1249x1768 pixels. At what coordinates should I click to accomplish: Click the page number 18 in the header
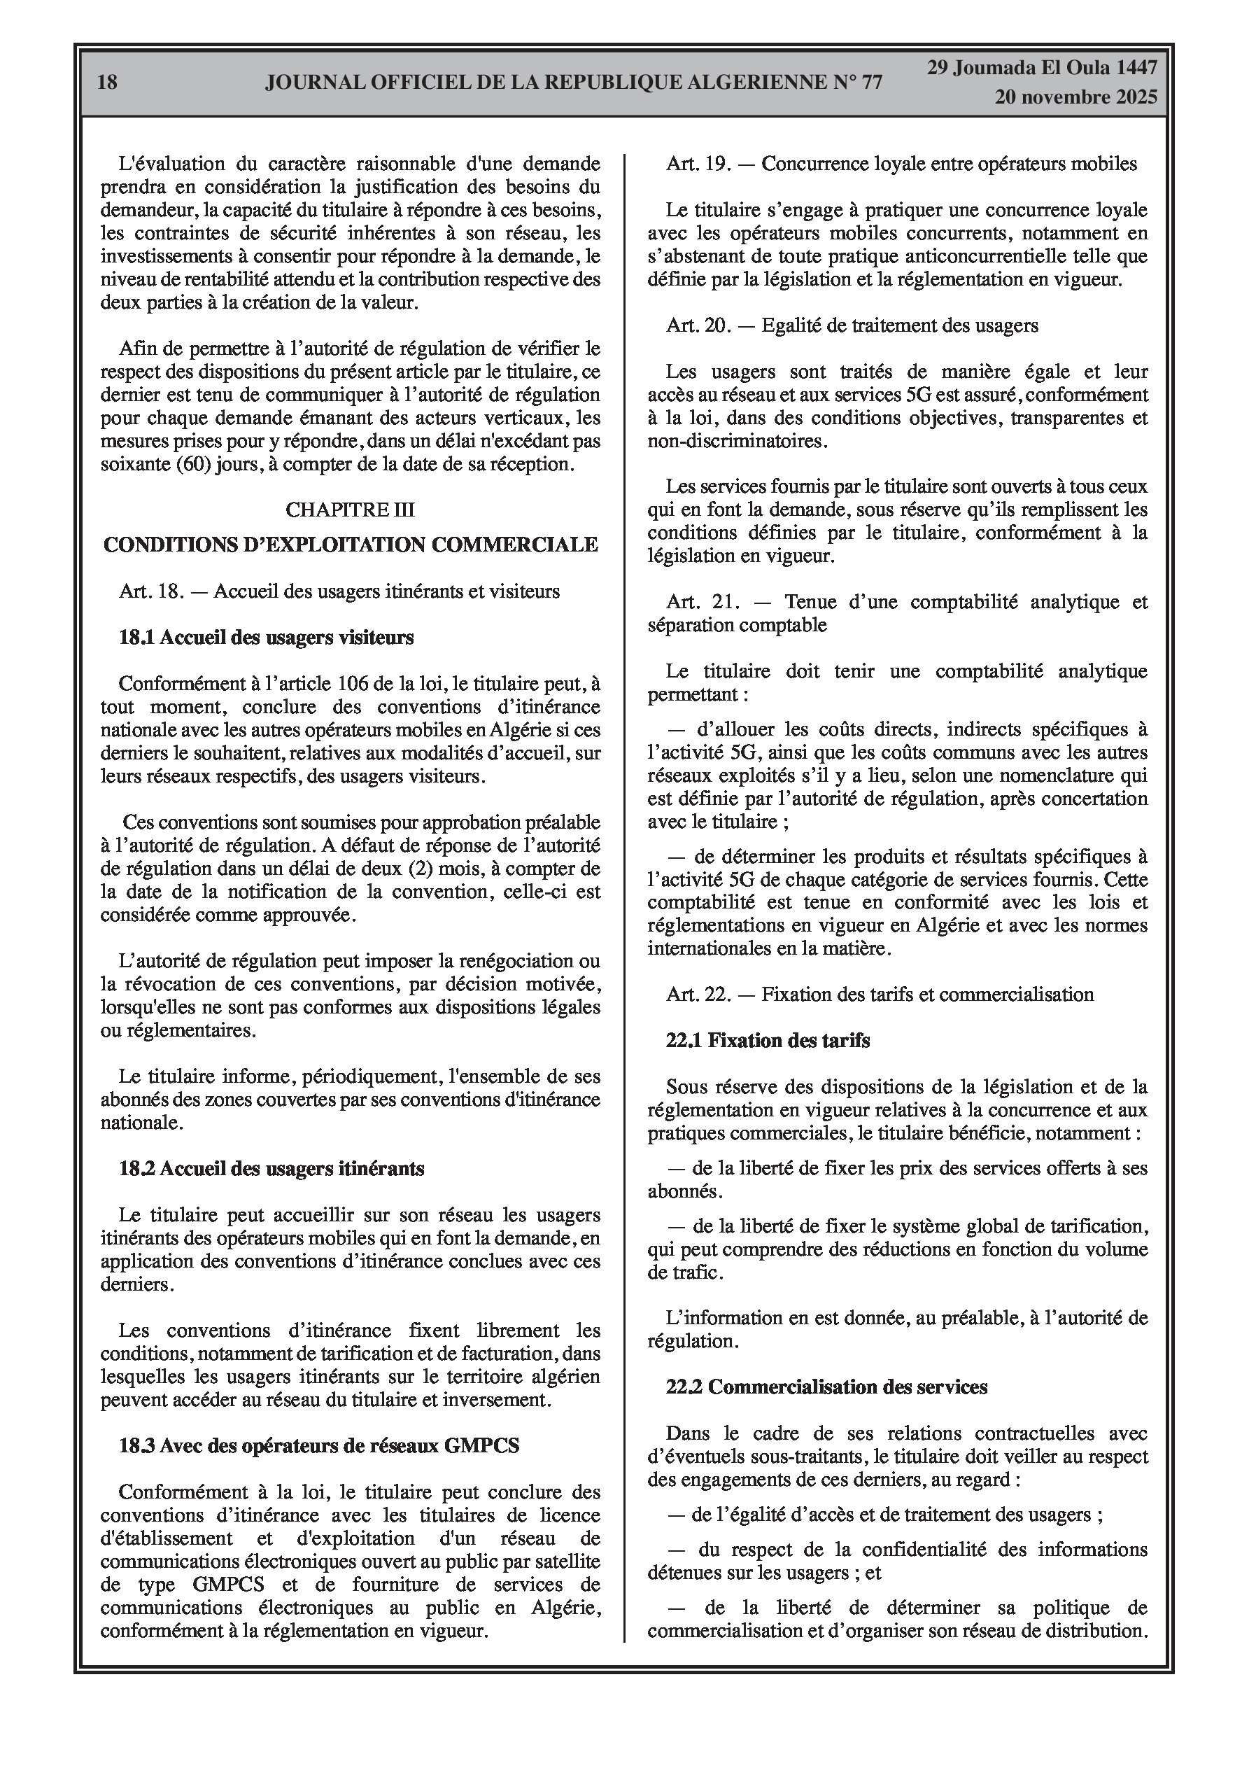tap(108, 82)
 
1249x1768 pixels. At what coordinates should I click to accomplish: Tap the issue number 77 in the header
tap(869, 83)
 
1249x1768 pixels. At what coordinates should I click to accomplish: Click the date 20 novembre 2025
tap(1075, 97)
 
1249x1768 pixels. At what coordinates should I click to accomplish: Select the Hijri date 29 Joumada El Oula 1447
tap(1041, 68)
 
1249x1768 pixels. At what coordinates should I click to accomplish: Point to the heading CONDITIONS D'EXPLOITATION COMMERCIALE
tap(351, 545)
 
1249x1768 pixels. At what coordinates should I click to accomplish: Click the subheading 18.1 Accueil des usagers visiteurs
tap(266, 638)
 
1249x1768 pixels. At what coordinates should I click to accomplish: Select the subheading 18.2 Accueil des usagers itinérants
tap(271, 1169)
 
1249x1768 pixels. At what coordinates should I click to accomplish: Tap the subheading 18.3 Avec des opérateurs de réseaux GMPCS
tap(319, 1446)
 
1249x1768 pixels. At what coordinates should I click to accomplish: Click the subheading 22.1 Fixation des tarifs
tap(767, 1041)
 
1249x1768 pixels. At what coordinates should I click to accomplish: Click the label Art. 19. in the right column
tap(698, 164)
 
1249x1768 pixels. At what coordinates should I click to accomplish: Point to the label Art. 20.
tap(698, 325)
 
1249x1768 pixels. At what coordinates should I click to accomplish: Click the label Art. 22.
tap(698, 995)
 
